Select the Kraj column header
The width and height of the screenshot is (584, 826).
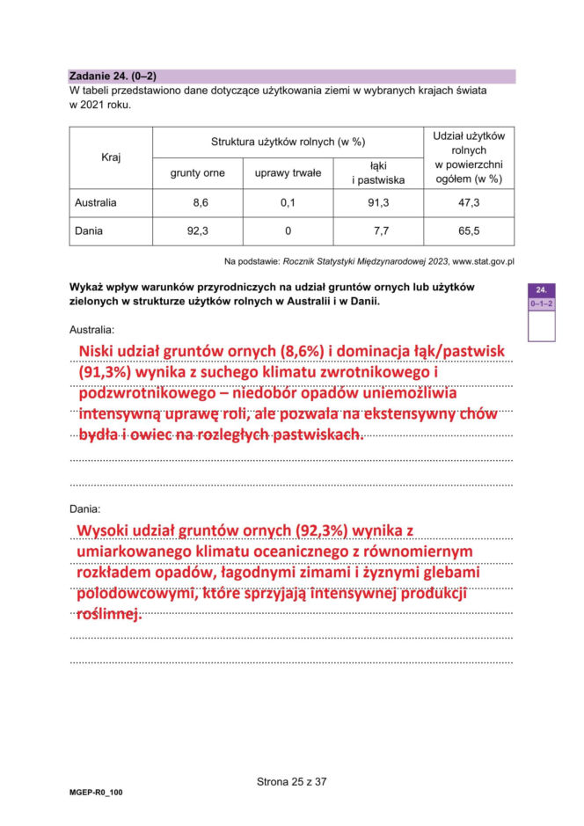(x=111, y=157)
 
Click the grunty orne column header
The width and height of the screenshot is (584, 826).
(x=197, y=173)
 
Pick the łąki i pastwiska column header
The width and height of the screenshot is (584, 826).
(x=378, y=172)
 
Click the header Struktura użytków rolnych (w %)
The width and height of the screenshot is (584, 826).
(x=288, y=142)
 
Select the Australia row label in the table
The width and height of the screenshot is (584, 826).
(x=96, y=202)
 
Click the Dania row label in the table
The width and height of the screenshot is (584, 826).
(x=89, y=231)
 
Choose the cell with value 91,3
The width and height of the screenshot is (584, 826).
(x=378, y=202)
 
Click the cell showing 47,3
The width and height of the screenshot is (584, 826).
(x=469, y=202)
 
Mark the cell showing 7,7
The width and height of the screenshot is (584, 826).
(x=378, y=231)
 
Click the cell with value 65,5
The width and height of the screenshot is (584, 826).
(x=469, y=231)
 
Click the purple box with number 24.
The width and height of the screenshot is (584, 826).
(x=542, y=289)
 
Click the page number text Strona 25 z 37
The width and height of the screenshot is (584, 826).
(x=291, y=780)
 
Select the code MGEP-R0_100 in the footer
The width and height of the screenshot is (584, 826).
(x=97, y=793)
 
